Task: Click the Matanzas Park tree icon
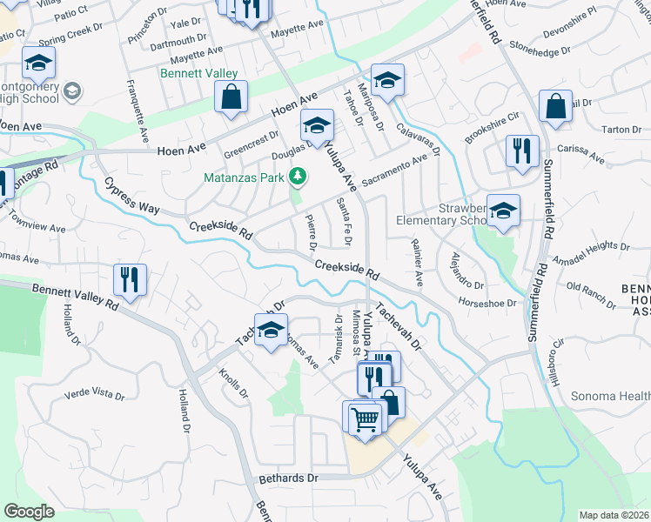pyautogui.click(x=298, y=177)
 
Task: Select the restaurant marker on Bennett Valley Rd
pyautogui.click(x=130, y=280)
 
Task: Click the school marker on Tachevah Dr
pyautogui.click(x=271, y=330)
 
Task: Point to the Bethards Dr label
pyautogui.click(x=289, y=478)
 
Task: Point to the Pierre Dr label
pyautogui.click(x=311, y=231)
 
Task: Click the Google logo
pyautogui.click(x=29, y=512)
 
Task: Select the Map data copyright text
pyautogui.click(x=614, y=514)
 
